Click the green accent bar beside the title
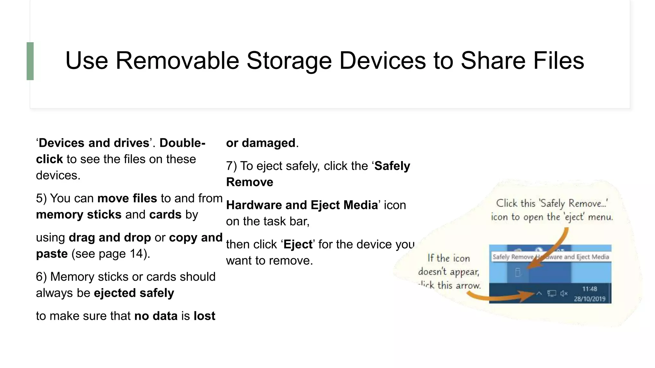(30, 61)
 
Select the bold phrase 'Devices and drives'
(94, 143)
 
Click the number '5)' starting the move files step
(41, 198)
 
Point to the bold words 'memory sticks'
(79, 215)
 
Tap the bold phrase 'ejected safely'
(134, 293)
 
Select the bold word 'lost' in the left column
(204, 316)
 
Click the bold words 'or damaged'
(261, 143)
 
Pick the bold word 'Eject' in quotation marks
(298, 244)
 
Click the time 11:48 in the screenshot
(589, 289)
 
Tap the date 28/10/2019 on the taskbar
(589, 299)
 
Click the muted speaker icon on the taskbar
(564, 293)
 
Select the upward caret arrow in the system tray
(539, 293)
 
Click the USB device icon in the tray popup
(518, 272)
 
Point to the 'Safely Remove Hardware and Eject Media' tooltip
(550, 257)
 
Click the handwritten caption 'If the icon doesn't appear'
(449, 265)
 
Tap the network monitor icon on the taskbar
(552, 293)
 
